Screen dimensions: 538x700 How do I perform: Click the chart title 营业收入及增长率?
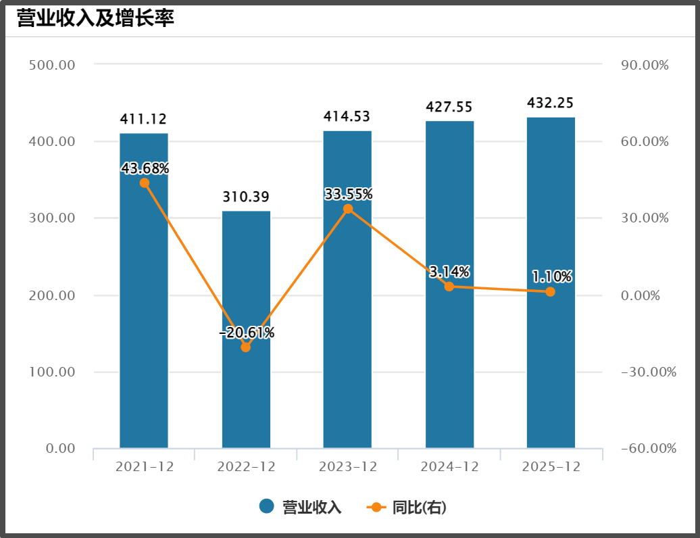95,18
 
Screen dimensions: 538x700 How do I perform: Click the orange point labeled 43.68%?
145,183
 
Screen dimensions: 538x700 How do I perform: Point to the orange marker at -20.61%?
246,347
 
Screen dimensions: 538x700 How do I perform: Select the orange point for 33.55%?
348,209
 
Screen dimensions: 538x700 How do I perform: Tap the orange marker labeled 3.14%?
449,287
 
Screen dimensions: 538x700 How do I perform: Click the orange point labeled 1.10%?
550,292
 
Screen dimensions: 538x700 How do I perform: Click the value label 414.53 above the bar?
347,116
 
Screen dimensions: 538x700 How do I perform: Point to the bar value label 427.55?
449,107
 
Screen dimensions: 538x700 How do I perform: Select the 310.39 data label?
246,197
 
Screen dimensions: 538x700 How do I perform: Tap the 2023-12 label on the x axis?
347,466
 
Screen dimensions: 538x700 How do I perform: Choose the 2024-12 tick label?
449,466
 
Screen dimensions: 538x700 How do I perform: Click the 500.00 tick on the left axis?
52,65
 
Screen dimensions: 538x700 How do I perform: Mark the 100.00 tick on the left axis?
52,372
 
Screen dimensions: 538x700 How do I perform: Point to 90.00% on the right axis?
644,65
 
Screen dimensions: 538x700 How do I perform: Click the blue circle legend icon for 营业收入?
266,506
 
